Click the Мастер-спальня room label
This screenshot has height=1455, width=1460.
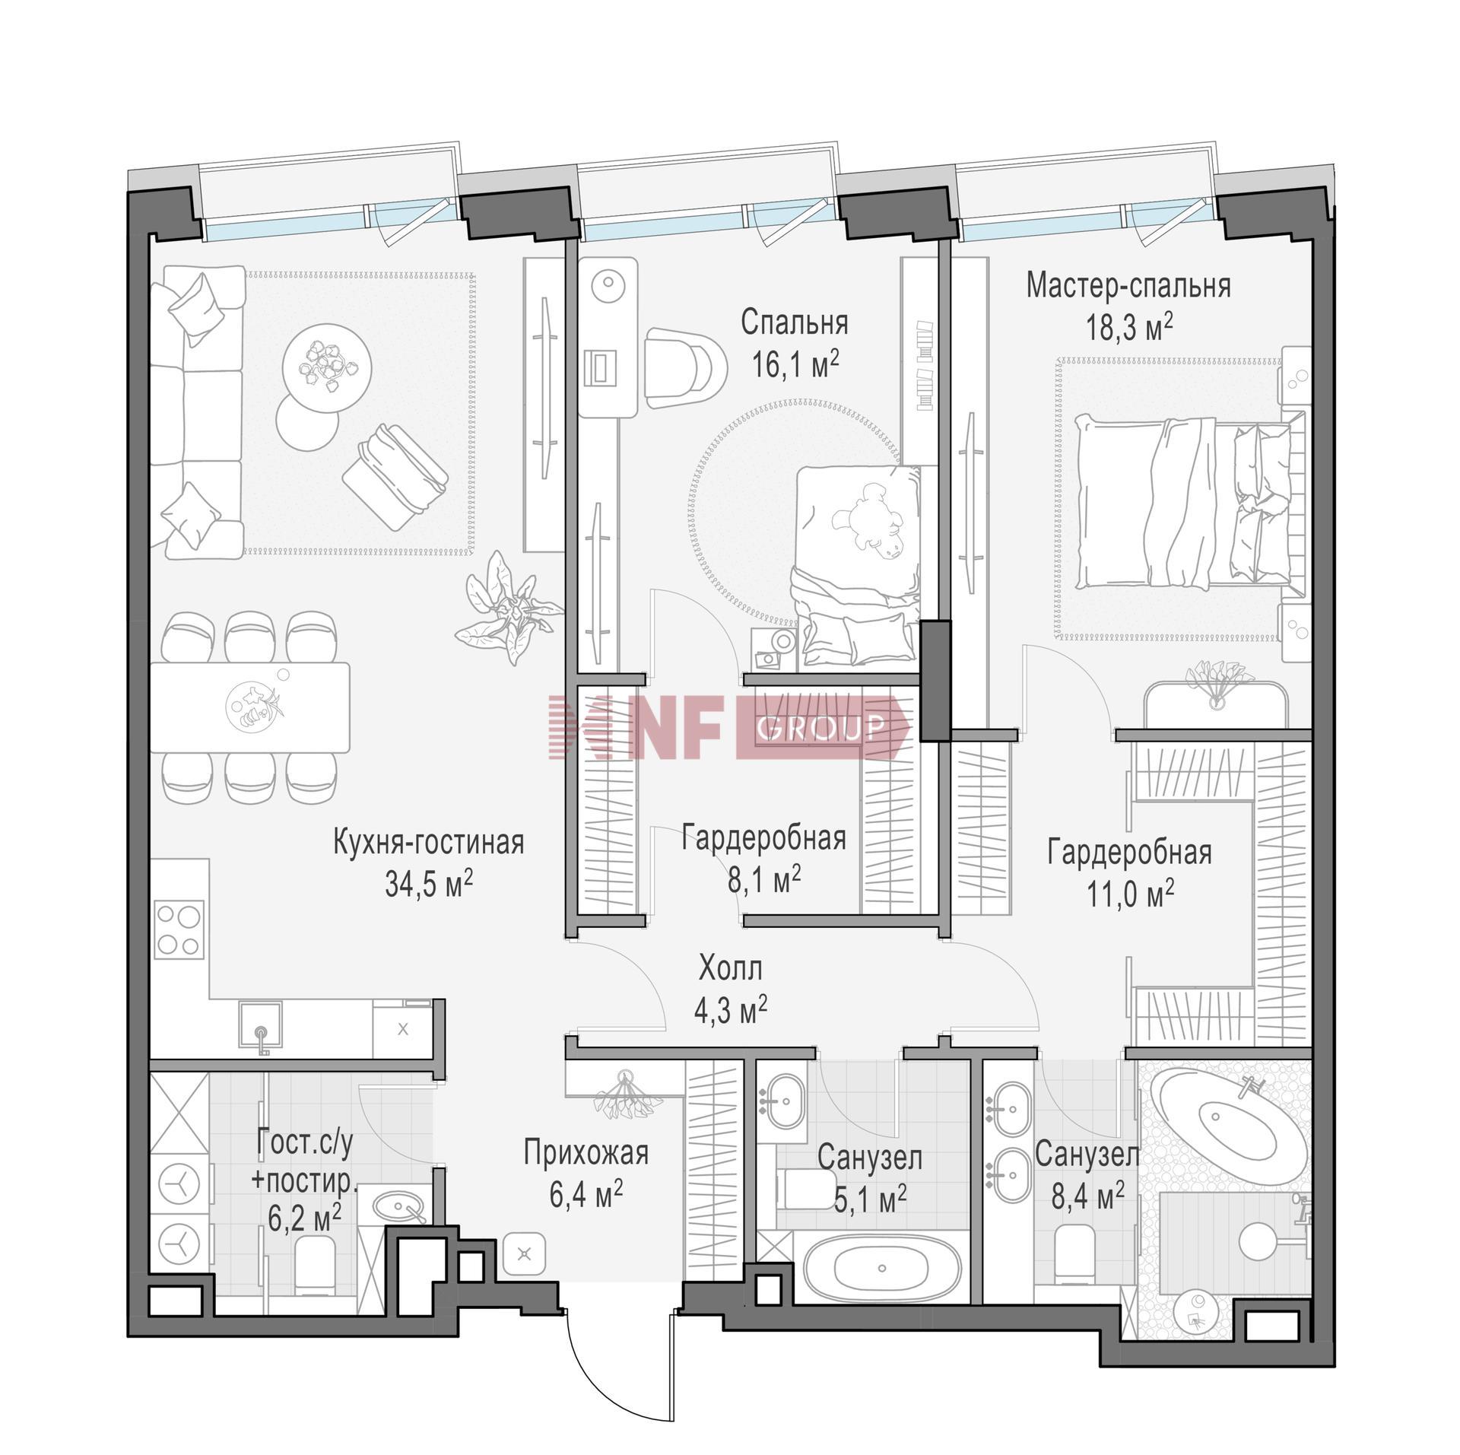[x=1128, y=286]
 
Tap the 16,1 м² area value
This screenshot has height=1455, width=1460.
[x=795, y=366]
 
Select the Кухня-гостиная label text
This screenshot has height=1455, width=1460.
[x=429, y=843]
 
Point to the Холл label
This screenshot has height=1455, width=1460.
[x=730, y=970]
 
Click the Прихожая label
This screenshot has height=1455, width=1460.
[x=586, y=1153]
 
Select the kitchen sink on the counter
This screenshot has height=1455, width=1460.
[x=261, y=1028]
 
